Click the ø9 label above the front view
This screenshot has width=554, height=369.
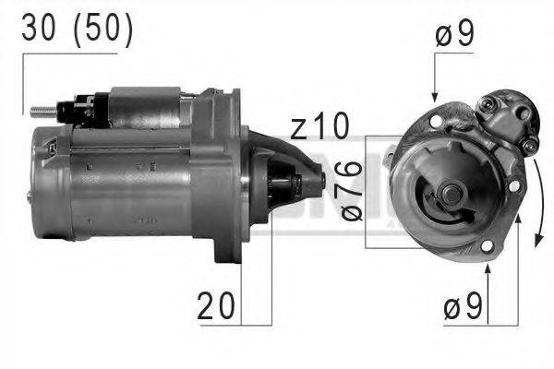455,38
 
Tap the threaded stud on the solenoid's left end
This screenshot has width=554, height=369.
42,112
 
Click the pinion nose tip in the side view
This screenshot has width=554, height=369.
319,178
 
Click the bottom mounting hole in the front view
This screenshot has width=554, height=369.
486,245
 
